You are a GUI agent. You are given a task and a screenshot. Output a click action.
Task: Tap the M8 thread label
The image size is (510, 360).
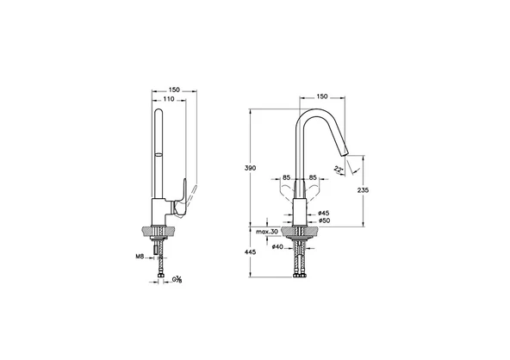[x=139, y=255]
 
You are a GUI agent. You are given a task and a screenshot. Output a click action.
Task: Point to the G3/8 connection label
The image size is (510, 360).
[x=177, y=278]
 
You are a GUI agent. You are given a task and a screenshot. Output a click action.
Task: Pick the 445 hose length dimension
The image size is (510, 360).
[x=249, y=251]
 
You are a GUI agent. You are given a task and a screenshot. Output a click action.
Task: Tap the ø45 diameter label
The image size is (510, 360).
[x=323, y=213]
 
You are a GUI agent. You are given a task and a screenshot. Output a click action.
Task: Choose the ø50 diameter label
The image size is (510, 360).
[x=323, y=221]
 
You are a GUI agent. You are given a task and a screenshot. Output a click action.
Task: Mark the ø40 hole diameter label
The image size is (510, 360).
[x=277, y=248]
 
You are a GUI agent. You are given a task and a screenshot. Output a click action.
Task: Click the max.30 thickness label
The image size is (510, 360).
[x=267, y=233]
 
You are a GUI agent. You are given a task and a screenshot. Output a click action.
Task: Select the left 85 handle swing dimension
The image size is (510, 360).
[x=287, y=178]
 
